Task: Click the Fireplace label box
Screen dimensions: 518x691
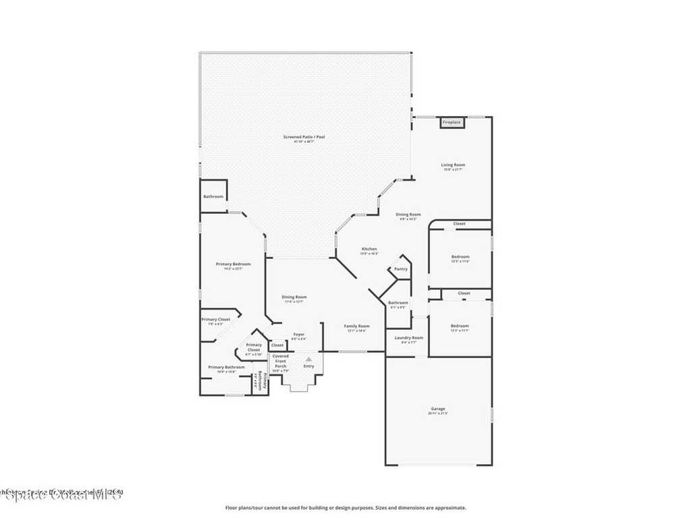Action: click(451, 122)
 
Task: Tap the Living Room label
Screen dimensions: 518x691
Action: click(453, 165)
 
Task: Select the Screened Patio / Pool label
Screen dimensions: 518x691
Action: click(304, 137)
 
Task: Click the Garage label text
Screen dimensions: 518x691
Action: click(438, 409)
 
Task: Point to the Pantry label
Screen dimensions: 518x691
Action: click(401, 268)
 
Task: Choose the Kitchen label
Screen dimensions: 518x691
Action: click(369, 249)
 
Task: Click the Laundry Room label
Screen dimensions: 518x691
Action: click(409, 337)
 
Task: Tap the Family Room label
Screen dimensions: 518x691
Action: click(356, 326)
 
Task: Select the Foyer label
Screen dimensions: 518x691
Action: click(298, 334)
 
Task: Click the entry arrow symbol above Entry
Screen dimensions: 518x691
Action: click(308, 359)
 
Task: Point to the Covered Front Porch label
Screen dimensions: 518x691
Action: click(281, 361)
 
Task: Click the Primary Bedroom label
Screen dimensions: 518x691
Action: click(233, 264)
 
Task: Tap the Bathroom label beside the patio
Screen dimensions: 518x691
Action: click(213, 196)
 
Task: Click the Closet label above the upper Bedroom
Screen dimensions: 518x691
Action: click(459, 223)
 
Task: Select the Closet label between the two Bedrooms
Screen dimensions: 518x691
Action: click(464, 293)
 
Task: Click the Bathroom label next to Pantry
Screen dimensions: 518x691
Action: click(398, 303)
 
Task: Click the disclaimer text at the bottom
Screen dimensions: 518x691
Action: click(345, 508)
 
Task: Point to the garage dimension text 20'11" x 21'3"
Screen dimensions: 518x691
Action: click(438, 413)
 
